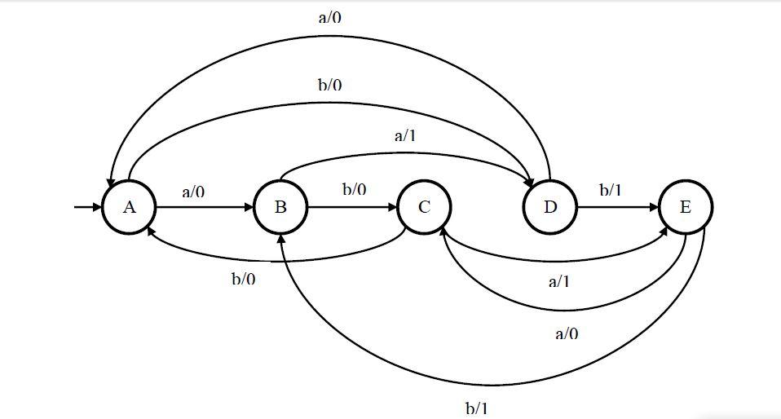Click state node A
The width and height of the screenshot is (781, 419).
click(x=129, y=207)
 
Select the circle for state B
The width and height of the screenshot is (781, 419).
click(x=280, y=207)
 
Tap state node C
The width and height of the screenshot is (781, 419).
click(x=424, y=207)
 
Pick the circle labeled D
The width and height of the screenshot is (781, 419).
click(x=550, y=207)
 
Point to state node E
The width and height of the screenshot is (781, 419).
click(x=686, y=207)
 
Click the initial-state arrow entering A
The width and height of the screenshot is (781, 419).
click(x=86, y=207)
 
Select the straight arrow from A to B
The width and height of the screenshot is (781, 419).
click(x=204, y=207)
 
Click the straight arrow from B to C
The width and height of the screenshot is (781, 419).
click(x=352, y=207)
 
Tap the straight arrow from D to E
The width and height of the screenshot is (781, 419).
click(x=617, y=207)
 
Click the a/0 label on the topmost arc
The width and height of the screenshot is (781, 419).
click(x=329, y=17)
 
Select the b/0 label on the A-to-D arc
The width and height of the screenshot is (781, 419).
click(x=329, y=85)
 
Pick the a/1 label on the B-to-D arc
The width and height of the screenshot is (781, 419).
click(x=405, y=135)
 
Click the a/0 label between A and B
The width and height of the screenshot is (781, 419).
click(x=193, y=192)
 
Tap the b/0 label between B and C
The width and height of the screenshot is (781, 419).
click(x=354, y=189)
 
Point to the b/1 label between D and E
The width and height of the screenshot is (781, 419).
click(x=611, y=190)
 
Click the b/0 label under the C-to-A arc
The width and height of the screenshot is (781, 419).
click(x=243, y=280)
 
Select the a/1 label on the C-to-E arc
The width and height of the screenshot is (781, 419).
click(x=558, y=282)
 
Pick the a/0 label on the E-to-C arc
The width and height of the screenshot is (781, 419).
click(x=567, y=333)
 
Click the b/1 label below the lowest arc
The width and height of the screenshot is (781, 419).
click(x=477, y=408)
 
